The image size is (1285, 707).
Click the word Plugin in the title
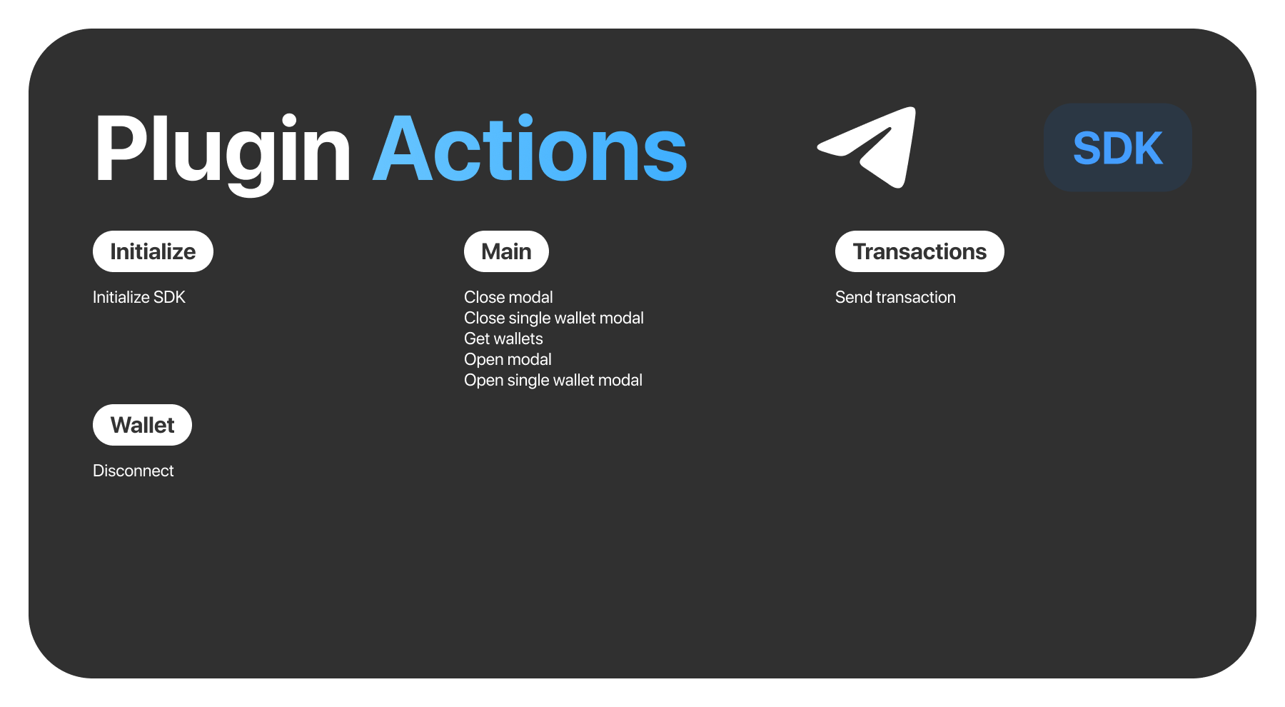pos(222,150)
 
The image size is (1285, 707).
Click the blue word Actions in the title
pos(530,150)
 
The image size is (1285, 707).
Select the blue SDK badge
pos(1118,148)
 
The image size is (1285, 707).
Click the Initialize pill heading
pos(153,251)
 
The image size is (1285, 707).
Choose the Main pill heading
pos(506,251)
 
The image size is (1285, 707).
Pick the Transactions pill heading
pos(919,251)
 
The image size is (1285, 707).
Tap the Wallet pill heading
pos(142,425)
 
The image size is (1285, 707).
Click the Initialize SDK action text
pos(139,297)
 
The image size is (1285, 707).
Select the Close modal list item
pos(508,297)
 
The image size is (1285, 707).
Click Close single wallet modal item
pos(554,318)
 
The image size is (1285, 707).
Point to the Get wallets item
pos(503,339)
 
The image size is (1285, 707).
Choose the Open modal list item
pos(508,359)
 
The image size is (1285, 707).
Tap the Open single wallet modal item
pos(553,380)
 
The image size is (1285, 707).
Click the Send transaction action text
pos(895,297)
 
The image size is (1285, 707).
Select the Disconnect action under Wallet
pos(133,471)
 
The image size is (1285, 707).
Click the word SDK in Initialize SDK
pos(169,297)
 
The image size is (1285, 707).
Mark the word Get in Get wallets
pos(477,339)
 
